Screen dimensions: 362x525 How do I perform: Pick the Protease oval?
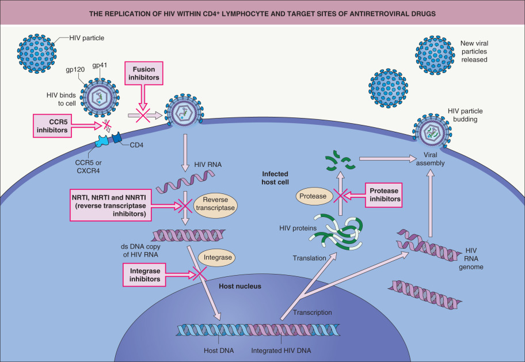[313, 196]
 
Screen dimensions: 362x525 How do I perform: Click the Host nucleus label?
[241, 286]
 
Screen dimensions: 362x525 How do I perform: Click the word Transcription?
[313, 313]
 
